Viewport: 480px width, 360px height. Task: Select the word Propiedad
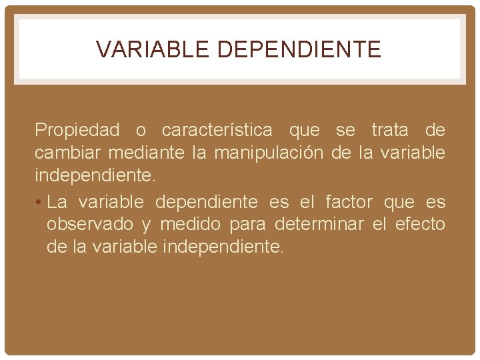coord(77,129)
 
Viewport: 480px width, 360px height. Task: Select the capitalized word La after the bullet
coord(57,201)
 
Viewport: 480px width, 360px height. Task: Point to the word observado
coord(89,224)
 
